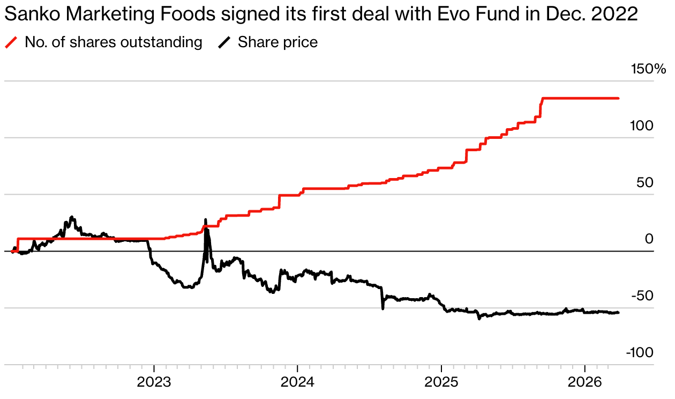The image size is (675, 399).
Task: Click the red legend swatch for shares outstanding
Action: click(x=11, y=42)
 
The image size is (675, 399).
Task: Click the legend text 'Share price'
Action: click(x=277, y=42)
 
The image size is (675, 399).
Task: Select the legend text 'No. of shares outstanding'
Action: click(x=114, y=42)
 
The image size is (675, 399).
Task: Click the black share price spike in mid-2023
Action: click(x=206, y=221)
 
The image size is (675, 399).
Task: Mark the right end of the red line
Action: click(x=618, y=99)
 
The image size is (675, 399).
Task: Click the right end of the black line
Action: click(x=618, y=313)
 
